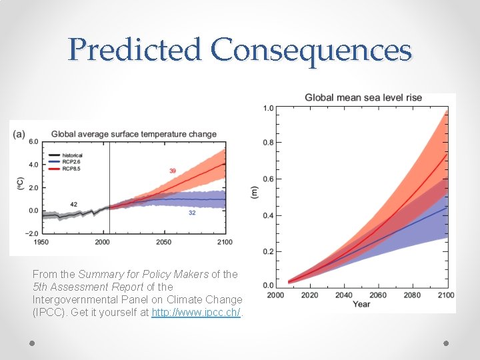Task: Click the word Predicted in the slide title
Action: coord(135,51)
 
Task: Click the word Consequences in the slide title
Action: coord(311,51)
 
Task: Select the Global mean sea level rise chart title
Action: coord(363,97)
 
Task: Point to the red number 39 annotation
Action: coord(173,171)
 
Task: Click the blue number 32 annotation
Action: coord(191,213)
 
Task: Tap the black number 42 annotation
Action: coord(73,204)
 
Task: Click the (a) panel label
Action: coord(19,134)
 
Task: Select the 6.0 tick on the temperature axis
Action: coord(33,141)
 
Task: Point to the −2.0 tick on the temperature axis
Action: coord(31,233)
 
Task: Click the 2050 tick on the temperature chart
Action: coord(163,242)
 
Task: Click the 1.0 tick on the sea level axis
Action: coord(268,108)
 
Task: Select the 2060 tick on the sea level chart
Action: coord(377,295)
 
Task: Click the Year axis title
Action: coord(362,304)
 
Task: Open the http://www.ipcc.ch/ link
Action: coord(197,312)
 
